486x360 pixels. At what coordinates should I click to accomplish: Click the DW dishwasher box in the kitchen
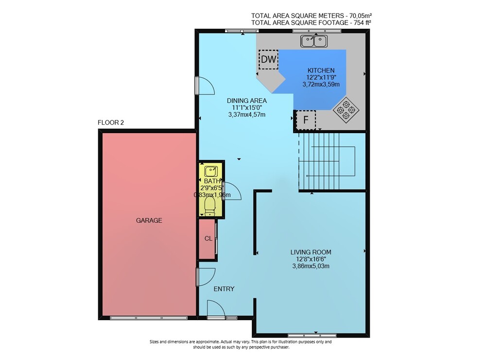point(268,59)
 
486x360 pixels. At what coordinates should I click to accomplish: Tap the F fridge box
point(306,120)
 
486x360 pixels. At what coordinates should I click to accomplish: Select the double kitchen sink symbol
point(313,41)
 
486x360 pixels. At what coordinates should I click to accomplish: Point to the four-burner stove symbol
point(346,110)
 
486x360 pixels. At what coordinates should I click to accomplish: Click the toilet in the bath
point(210,206)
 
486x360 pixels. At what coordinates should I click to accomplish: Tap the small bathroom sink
point(211,171)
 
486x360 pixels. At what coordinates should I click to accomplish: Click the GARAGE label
point(149,220)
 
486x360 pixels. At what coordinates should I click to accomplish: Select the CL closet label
point(208,239)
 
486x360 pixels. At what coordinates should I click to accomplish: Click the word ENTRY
point(224,289)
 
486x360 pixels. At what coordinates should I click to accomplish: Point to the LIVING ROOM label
point(311,252)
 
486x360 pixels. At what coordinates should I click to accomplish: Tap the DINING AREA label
point(247,101)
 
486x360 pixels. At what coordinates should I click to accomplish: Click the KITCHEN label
point(321,70)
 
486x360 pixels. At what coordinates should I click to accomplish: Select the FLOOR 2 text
point(111,122)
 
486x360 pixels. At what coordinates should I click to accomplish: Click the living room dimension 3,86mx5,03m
point(311,266)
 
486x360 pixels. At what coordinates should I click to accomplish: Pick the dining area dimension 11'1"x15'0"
point(247,107)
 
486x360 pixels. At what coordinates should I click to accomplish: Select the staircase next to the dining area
point(331,161)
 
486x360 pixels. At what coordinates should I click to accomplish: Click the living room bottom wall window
point(312,335)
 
